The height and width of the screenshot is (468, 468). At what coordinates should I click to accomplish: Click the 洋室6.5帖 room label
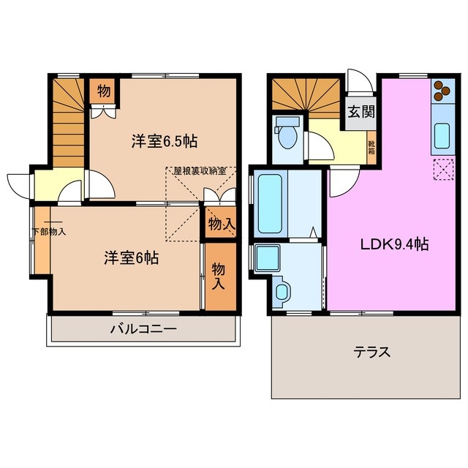tap(165, 140)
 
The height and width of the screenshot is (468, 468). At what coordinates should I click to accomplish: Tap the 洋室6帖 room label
tap(131, 257)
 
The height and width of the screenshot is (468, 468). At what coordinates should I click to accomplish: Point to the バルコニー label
tap(143, 329)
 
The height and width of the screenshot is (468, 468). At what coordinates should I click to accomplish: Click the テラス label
tap(372, 352)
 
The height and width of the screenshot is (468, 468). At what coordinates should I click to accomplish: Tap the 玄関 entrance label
tap(361, 112)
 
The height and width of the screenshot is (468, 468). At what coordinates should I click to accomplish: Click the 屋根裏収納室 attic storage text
tap(199, 171)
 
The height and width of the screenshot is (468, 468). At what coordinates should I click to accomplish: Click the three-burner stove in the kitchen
tap(441, 90)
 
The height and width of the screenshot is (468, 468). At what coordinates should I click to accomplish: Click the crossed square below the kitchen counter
tap(442, 169)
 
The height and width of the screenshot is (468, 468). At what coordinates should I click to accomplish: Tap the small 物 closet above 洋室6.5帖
tap(104, 91)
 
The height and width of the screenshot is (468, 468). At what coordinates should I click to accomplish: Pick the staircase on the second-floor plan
tap(68, 120)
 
